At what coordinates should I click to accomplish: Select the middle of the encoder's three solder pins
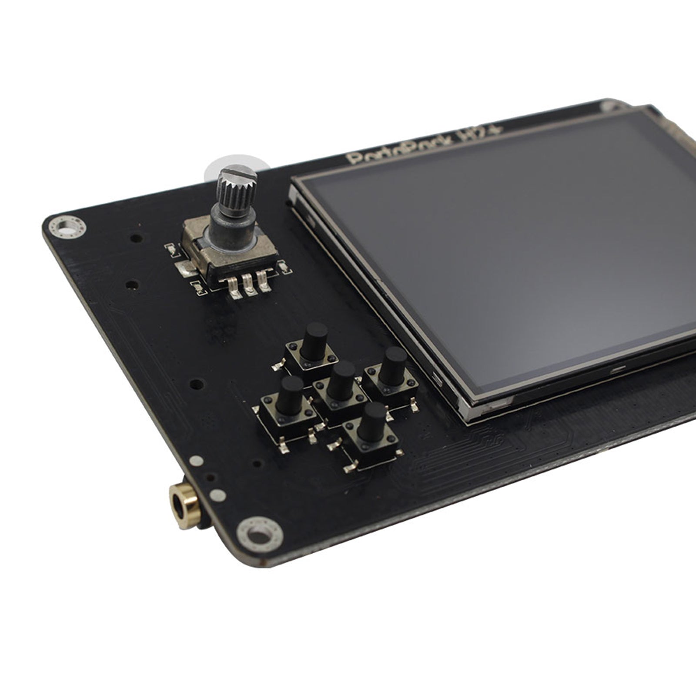pyautogui.click(x=249, y=285)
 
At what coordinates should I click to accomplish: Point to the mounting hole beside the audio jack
pyautogui.click(x=259, y=533)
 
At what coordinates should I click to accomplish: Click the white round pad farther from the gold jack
pyautogui.click(x=195, y=460)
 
